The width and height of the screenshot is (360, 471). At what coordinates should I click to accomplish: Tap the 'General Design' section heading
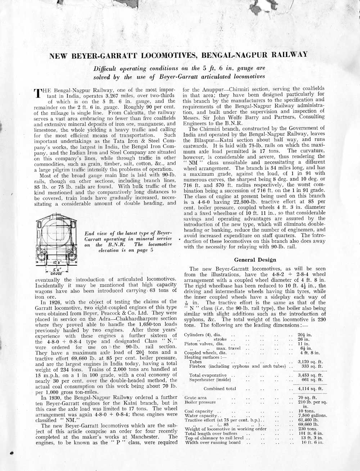click(255, 260)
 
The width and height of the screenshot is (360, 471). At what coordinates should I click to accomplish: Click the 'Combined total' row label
click(220, 389)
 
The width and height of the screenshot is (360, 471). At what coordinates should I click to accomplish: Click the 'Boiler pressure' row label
click(200, 402)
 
